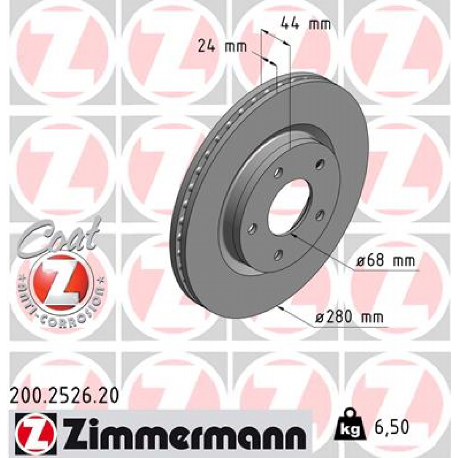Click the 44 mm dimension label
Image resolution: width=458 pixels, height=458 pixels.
coord(305,24)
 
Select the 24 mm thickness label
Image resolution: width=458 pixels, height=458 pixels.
coord(222,47)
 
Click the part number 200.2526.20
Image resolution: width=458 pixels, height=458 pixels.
coord(64,395)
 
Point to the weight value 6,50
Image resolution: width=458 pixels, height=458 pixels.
coord(392,427)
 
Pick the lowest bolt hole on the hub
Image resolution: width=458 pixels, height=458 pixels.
coord(279,255)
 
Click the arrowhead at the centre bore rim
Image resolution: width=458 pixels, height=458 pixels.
coord(293,234)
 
